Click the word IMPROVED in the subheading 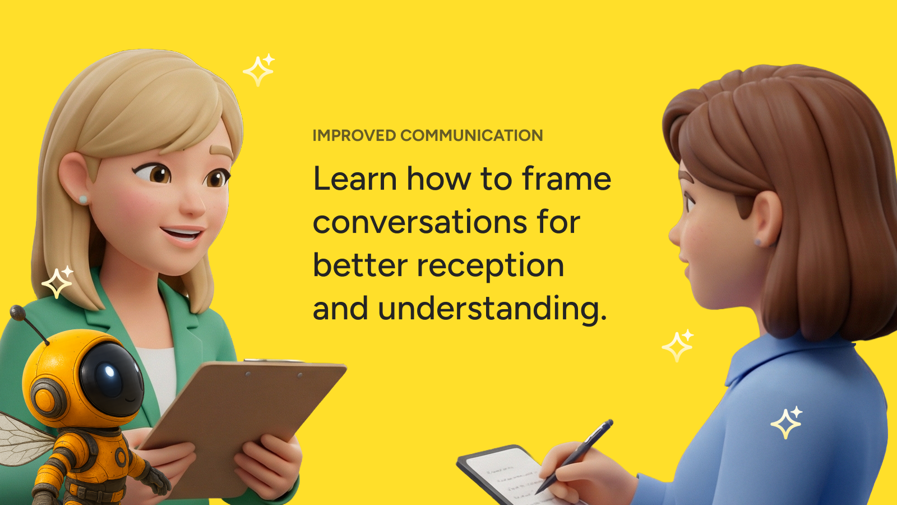point(354,135)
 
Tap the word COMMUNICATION point(471,135)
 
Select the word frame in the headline point(567,179)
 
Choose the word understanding point(492,309)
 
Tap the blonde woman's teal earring point(83,199)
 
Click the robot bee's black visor point(112,379)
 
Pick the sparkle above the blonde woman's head point(259,70)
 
